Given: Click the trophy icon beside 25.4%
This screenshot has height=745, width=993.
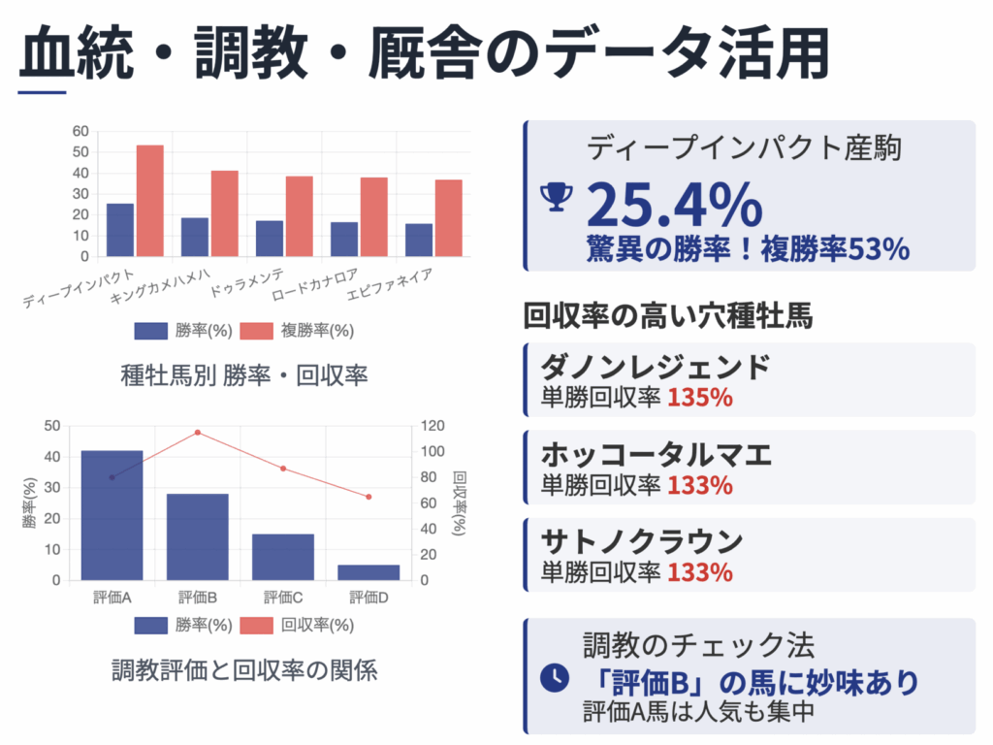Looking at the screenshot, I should [x=556, y=196].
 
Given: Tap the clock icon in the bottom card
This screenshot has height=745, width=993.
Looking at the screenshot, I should [x=554, y=678].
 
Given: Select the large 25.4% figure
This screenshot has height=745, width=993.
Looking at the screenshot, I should [x=674, y=205].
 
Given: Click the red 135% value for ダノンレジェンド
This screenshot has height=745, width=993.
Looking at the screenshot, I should [x=700, y=398].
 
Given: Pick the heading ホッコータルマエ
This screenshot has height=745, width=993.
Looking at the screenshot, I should [x=656, y=455].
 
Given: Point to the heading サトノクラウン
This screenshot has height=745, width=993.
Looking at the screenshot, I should [x=642, y=541].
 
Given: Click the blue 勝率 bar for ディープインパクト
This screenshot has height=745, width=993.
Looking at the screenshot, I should [x=120, y=230].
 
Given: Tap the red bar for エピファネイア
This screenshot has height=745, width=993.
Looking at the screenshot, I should [x=449, y=218].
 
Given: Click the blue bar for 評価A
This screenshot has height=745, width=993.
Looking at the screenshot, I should [x=112, y=515].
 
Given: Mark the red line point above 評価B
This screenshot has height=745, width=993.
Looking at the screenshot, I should [x=198, y=433].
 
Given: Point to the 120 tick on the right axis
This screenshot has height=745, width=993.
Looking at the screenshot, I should [x=430, y=426].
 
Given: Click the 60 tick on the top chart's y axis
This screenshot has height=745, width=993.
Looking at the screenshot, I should [x=80, y=132].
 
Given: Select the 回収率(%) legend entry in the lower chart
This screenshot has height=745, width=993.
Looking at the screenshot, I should [x=297, y=625].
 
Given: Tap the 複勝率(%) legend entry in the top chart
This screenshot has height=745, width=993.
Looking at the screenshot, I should [x=297, y=331].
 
